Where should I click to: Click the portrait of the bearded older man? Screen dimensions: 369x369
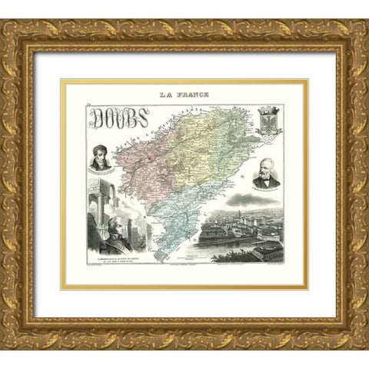pos(265,174)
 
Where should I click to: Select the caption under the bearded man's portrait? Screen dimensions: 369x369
pos(265,191)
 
